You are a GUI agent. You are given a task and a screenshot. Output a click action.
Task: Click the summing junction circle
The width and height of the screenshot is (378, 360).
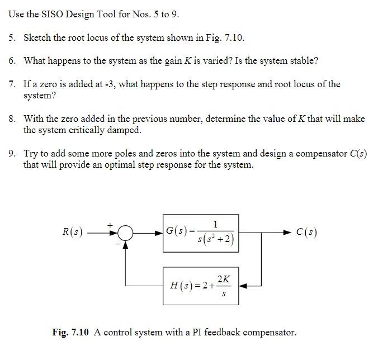coord(126,232)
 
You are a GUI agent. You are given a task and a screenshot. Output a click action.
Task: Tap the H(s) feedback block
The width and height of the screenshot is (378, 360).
coord(201,286)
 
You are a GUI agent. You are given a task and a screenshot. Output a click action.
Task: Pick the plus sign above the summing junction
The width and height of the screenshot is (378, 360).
coord(110,224)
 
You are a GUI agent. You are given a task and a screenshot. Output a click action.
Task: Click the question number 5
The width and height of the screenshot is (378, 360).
coord(12,38)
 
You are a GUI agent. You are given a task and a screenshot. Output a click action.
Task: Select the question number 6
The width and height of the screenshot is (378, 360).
coord(12,60)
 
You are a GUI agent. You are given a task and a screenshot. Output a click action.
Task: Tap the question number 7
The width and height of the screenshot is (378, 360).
coord(12,84)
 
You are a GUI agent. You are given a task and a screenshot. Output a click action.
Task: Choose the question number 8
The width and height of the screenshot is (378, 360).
coord(12,119)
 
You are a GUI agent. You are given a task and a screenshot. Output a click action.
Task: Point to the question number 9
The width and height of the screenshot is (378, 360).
coord(12,153)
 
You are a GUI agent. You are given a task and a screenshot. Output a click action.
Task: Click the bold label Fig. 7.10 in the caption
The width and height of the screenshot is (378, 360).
coord(70,333)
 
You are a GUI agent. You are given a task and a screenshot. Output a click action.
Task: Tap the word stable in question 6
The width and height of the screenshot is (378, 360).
coord(305,60)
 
